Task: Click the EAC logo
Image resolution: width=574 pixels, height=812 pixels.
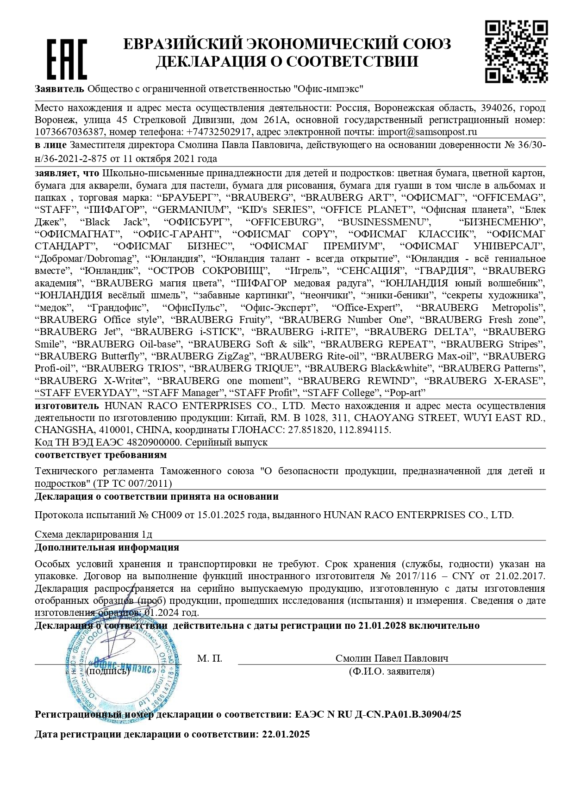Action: pyautogui.click(x=67, y=59)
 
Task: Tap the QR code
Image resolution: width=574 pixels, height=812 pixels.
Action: pyautogui.click(x=516, y=51)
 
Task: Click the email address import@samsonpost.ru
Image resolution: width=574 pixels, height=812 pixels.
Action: pyautogui.click(x=427, y=132)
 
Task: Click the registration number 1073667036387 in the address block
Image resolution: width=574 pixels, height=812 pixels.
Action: pyautogui.click(x=70, y=132)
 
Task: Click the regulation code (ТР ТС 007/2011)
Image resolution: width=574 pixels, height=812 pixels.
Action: pyautogui.click(x=132, y=483)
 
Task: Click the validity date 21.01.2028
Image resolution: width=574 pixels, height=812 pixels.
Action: pyautogui.click(x=382, y=626)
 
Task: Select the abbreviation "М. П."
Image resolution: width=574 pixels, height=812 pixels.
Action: pyautogui.click(x=210, y=658)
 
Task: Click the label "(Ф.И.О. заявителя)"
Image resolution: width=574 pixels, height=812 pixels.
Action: pyautogui.click(x=392, y=671)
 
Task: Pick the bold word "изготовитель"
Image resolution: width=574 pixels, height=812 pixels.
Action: pyautogui.click(x=67, y=406)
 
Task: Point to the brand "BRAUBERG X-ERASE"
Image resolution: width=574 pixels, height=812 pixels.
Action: pyautogui.click(x=485, y=381)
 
